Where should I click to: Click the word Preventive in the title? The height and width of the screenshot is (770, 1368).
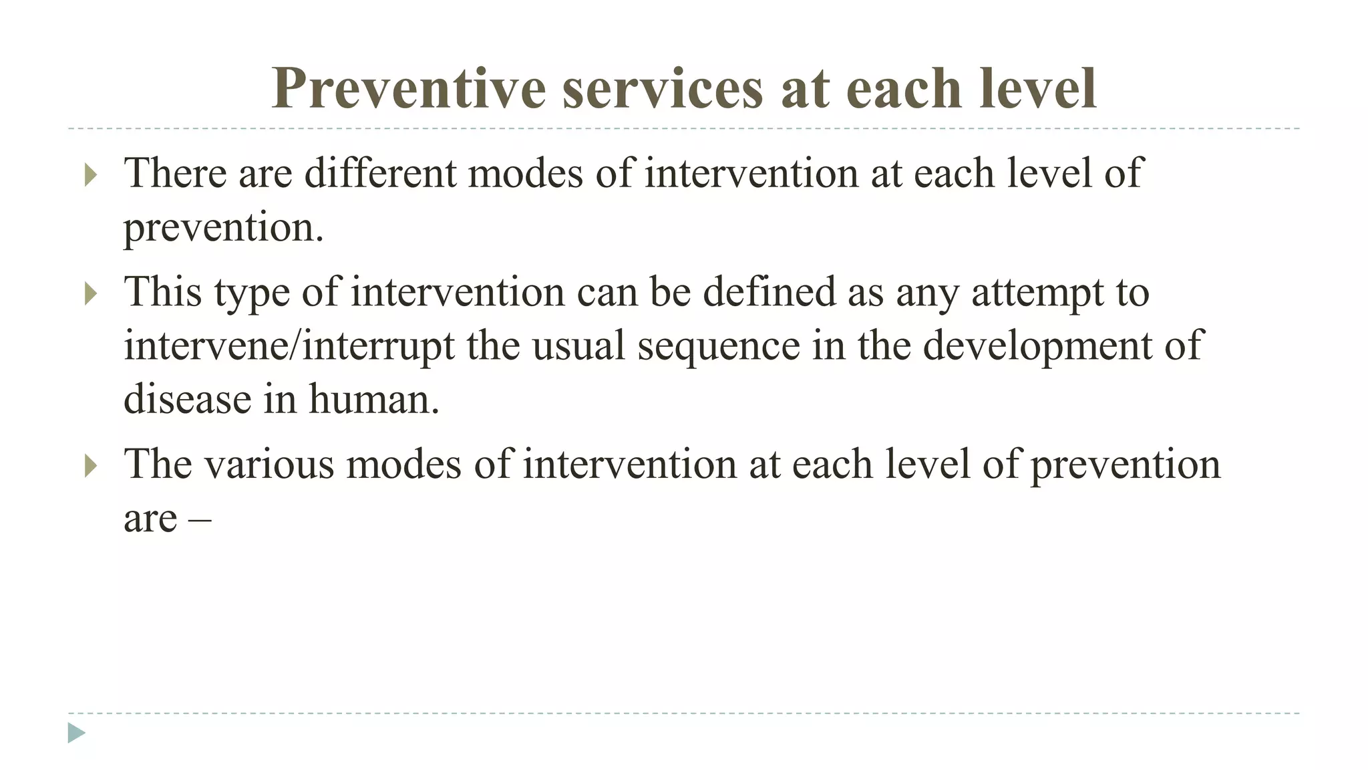pos(409,88)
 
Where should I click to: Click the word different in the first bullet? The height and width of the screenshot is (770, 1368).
pos(380,172)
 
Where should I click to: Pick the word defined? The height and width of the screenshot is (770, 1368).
pos(769,292)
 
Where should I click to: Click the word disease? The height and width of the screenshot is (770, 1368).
pos(186,399)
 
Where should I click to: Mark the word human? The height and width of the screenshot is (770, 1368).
pos(373,399)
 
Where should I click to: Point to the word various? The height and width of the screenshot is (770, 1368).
pos(269,465)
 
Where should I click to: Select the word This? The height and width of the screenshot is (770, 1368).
pos(163,292)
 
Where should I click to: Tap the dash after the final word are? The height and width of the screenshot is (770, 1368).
pos(200,519)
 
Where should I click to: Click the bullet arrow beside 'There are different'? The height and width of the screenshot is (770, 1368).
pos(92,176)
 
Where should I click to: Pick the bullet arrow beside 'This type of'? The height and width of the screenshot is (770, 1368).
pos(92,295)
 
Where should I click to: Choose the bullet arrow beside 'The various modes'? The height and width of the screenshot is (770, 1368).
pos(92,467)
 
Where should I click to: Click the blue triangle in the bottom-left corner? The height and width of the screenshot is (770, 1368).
pos(76,733)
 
